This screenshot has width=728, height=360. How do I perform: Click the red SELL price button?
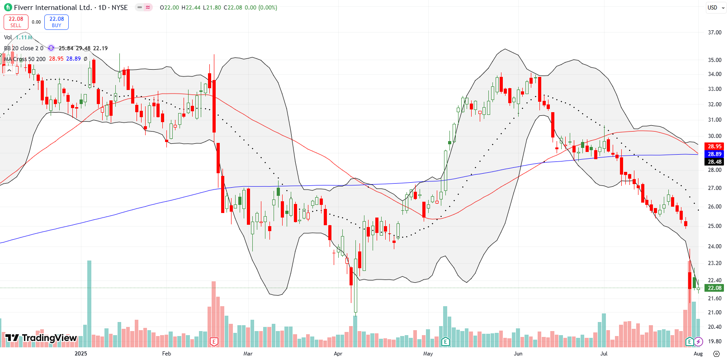tap(16, 22)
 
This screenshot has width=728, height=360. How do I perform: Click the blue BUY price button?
tap(57, 22)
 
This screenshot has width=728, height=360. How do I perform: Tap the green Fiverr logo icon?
tap(8, 7)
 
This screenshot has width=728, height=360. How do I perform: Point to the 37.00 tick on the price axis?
tap(714, 33)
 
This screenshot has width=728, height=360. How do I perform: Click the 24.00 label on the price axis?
tap(714, 246)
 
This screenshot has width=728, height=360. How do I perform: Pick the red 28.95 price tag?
tap(714, 146)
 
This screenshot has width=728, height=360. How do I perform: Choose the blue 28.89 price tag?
tap(714, 154)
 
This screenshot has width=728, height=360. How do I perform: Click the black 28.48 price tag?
tap(714, 161)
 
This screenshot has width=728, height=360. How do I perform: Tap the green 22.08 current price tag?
tap(714, 288)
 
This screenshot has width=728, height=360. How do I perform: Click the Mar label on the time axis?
tap(248, 354)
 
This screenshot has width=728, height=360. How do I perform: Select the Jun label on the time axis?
tap(518, 354)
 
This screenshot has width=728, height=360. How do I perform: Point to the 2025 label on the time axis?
tap(81, 354)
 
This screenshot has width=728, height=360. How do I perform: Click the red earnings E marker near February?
tap(214, 341)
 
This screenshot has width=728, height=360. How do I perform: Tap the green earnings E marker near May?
tap(445, 341)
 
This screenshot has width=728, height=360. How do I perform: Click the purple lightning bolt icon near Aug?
tap(699, 341)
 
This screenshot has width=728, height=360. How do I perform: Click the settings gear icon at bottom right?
tap(716, 354)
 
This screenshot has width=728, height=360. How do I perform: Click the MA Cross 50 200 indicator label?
tap(25, 59)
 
